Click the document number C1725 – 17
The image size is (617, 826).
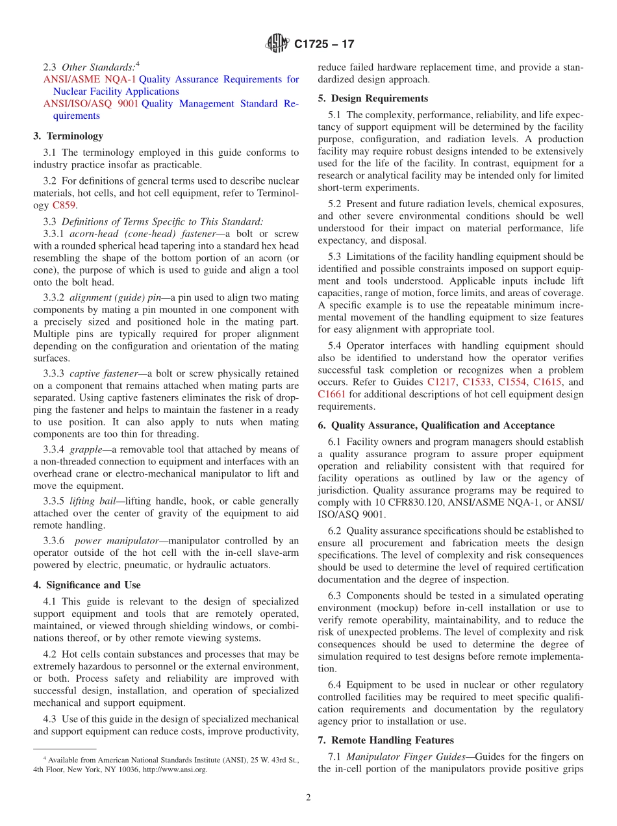[x=324, y=45]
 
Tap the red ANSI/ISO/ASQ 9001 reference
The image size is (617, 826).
[x=90, y=104]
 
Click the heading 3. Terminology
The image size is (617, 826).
[x=68, y=136]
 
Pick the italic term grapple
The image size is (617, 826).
[x=88, y=449]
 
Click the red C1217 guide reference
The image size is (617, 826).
[x=442, y=382]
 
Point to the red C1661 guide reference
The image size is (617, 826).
[x=331, y=394]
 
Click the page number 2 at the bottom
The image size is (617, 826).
[x=308, y=798]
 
